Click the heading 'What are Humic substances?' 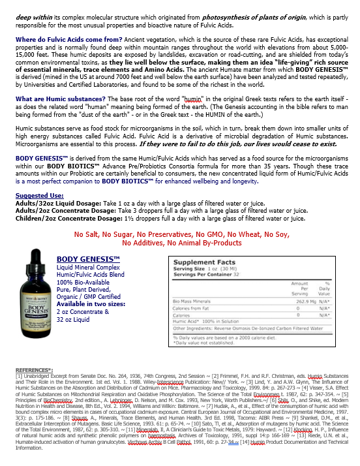coord(54,99)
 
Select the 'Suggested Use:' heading coord(40,195)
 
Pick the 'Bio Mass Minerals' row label coord(192,301)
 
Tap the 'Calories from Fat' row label coord(194,307)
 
